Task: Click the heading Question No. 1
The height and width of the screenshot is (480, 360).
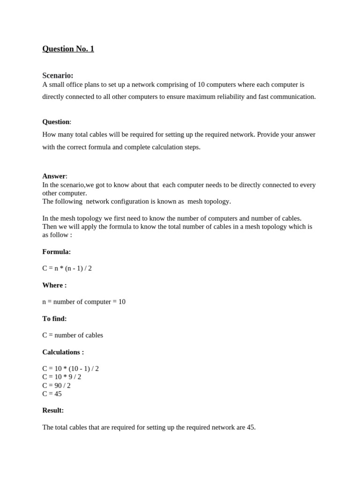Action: tap(68, 49)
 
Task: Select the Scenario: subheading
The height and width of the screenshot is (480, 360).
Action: tap(58, 75)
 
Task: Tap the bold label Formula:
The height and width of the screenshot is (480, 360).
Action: tap(56, 252)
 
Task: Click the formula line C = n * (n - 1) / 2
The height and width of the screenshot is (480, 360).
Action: tap(67, 268)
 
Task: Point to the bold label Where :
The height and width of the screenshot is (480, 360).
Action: tap(54, 285)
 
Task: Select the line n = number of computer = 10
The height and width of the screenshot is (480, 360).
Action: tap(84, 302)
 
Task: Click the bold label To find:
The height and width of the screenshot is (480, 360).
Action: tap(54, 319)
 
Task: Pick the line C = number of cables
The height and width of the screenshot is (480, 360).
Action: tap(73, 335)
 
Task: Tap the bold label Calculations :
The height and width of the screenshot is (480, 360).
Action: tap(63, 352)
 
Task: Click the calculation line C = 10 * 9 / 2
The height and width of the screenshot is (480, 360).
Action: tap(62, 377)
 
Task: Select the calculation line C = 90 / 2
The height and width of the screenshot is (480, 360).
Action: tap(56, 385)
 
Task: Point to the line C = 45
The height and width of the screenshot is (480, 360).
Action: tap(52, 394)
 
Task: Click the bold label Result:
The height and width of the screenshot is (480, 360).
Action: tap(53, 410)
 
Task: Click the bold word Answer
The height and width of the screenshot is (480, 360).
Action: tap(54, 176)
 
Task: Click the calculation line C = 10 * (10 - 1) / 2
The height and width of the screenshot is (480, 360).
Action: tap(70, 368)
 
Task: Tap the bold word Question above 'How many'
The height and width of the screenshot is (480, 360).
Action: tap(56, 122)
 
